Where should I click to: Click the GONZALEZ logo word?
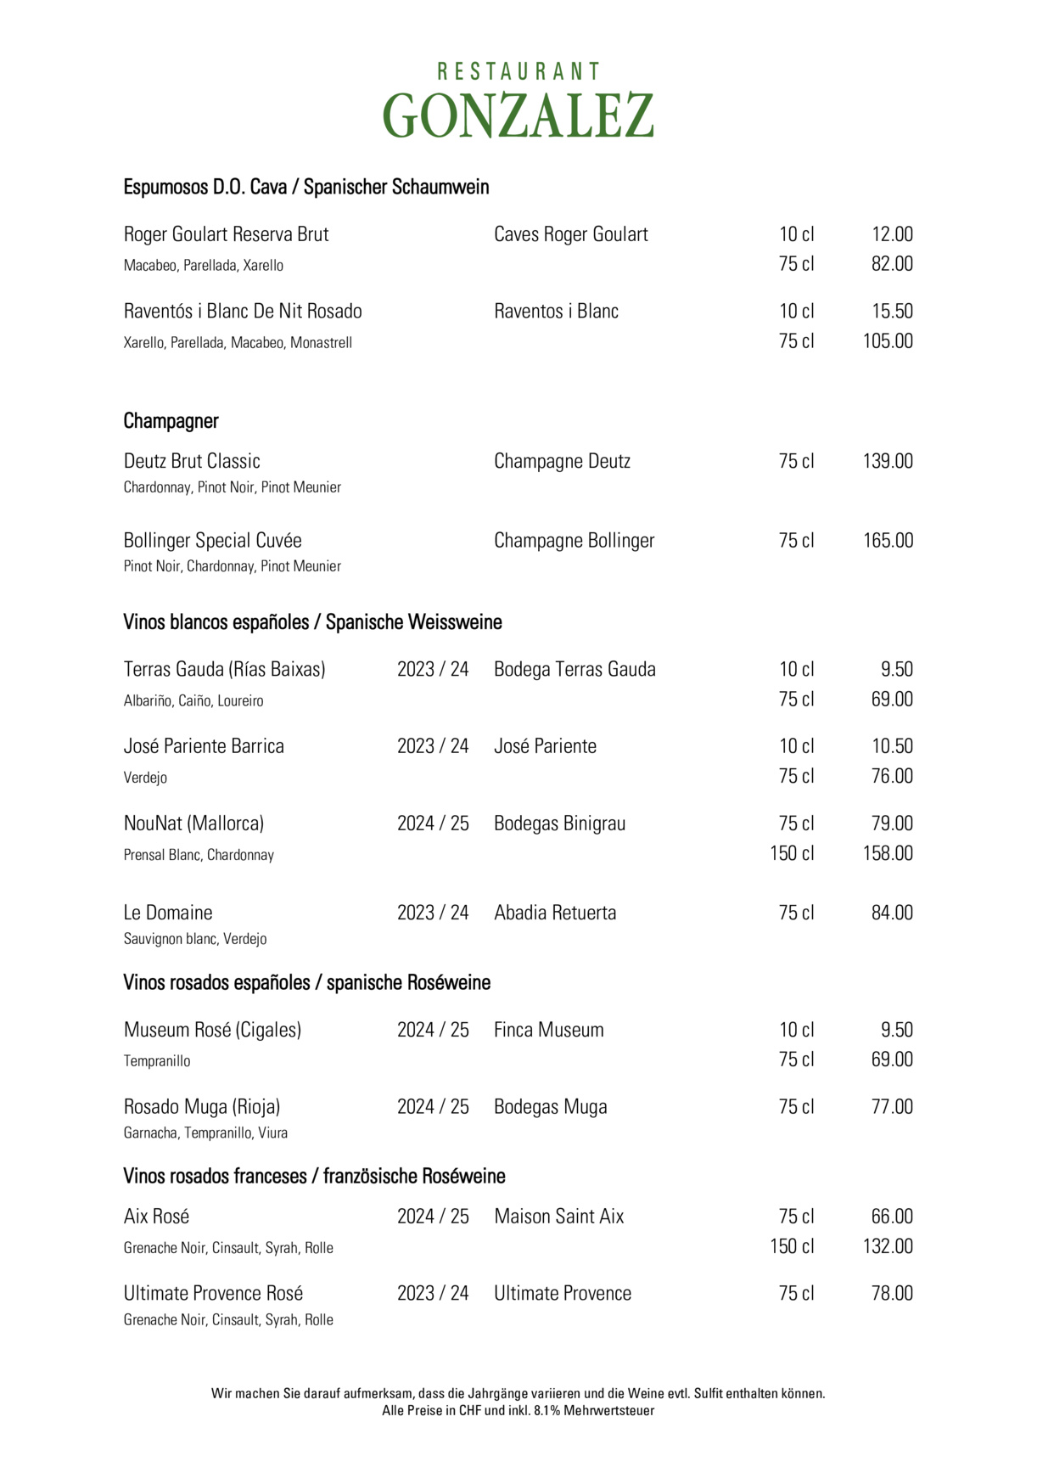pos(518,115)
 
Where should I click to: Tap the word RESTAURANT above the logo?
pos(518,71)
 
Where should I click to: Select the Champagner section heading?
pos(171,421)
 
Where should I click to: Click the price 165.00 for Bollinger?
pos(888,541)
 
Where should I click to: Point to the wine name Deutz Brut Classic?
pos(192,462)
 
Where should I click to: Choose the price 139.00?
pos(888,462)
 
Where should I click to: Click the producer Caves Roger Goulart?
pos(570,235)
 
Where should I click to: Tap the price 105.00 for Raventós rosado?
pos(888,341)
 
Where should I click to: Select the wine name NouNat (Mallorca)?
pos(193,823)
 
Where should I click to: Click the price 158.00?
pos(888,853)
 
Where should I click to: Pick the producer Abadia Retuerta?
pos(555,913)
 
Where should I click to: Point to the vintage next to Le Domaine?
pos(433,913)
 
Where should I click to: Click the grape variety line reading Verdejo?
pos(145,778)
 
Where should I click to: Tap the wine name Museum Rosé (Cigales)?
pos(212,1031)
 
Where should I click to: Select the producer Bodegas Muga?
pos(550,1107)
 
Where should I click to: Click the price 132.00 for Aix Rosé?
pos(888,1246)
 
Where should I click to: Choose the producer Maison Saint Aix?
pos(558,1217)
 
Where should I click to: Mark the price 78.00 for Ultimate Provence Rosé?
pos(892,1294)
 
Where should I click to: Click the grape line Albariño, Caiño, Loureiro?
pos(193,701)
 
